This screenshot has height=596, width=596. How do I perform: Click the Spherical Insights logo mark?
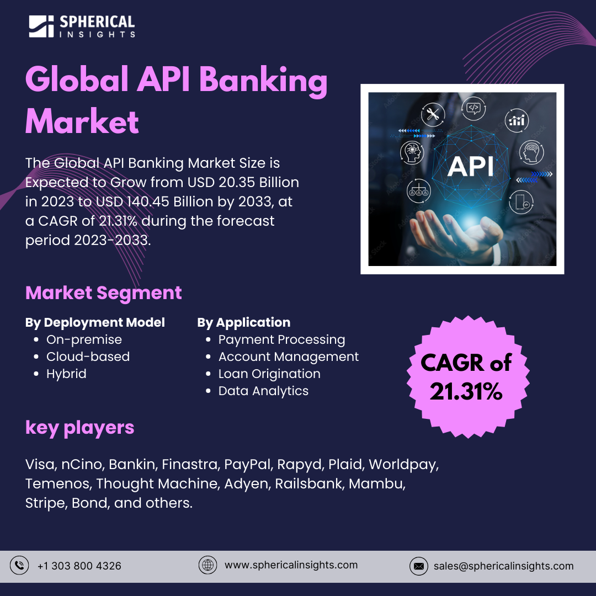pos(41,26)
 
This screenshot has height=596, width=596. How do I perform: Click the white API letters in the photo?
pos(470,166)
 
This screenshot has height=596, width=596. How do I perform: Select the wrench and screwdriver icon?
pos(433,115)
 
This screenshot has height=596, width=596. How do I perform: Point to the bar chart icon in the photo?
pos(517,120)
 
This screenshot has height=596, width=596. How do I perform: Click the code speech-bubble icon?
pos(473,108)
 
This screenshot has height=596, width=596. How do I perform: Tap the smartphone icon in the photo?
pos(519,202)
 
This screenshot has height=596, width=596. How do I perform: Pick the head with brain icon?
pos(531,152)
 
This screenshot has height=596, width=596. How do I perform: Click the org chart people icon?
pos(418,190)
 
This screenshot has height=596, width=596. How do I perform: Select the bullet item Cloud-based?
pos(88,356)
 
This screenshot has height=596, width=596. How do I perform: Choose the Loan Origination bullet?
pos(269,374)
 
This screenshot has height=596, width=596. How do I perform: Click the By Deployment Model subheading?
pos(95,322)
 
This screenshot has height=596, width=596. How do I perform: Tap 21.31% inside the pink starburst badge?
pos(466,391)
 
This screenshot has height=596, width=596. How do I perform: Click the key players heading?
pos(79,427)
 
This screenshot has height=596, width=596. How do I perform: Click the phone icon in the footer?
pos(19,566)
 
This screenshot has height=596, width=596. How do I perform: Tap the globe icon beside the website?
pos(207,565)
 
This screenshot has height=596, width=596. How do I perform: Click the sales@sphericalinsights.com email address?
pos(503,566)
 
